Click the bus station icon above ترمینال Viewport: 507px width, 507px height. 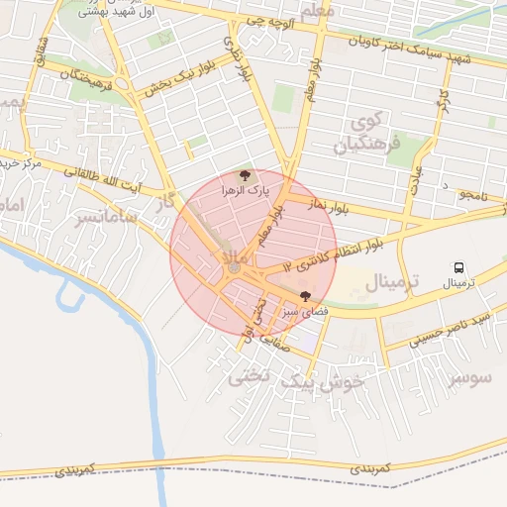pyautogui.click(x=458, y=267)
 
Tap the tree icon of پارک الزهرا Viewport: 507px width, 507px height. pyautogui.click(x=248, y=174)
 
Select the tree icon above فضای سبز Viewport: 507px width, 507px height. pyautogui.click(x=304, y=296)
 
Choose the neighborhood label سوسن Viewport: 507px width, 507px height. pyautogui.click(x=469, y=378)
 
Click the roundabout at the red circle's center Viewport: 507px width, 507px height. pyautogui.click(x=234, y=267)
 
